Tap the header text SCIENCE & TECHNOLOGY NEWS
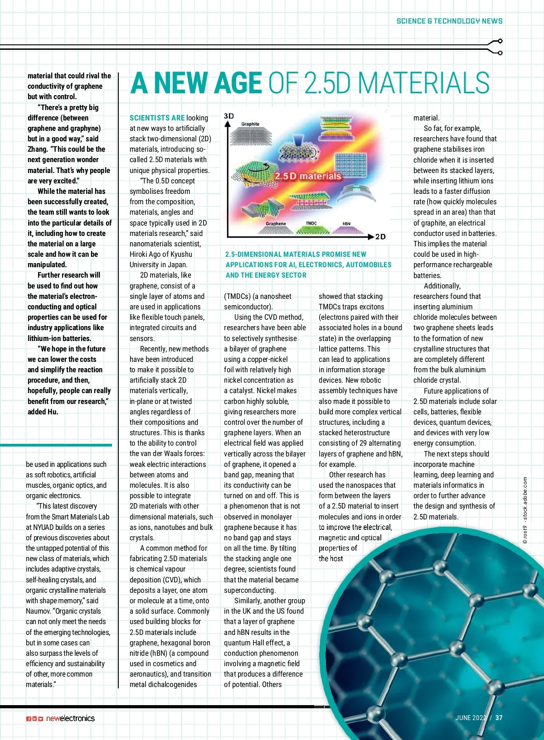[449, 21]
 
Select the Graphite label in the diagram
[250, 124]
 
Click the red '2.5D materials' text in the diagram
[308, 176]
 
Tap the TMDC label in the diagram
[311, 223]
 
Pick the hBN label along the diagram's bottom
[346, 224]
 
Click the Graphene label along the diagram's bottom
[276, 224]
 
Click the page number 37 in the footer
[499, 717]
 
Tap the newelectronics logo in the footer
[70, 718]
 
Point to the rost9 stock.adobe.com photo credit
[525, 509]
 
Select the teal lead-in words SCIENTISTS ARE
[157, 118]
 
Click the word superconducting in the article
[249, 590]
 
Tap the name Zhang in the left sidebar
[38, 149]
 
